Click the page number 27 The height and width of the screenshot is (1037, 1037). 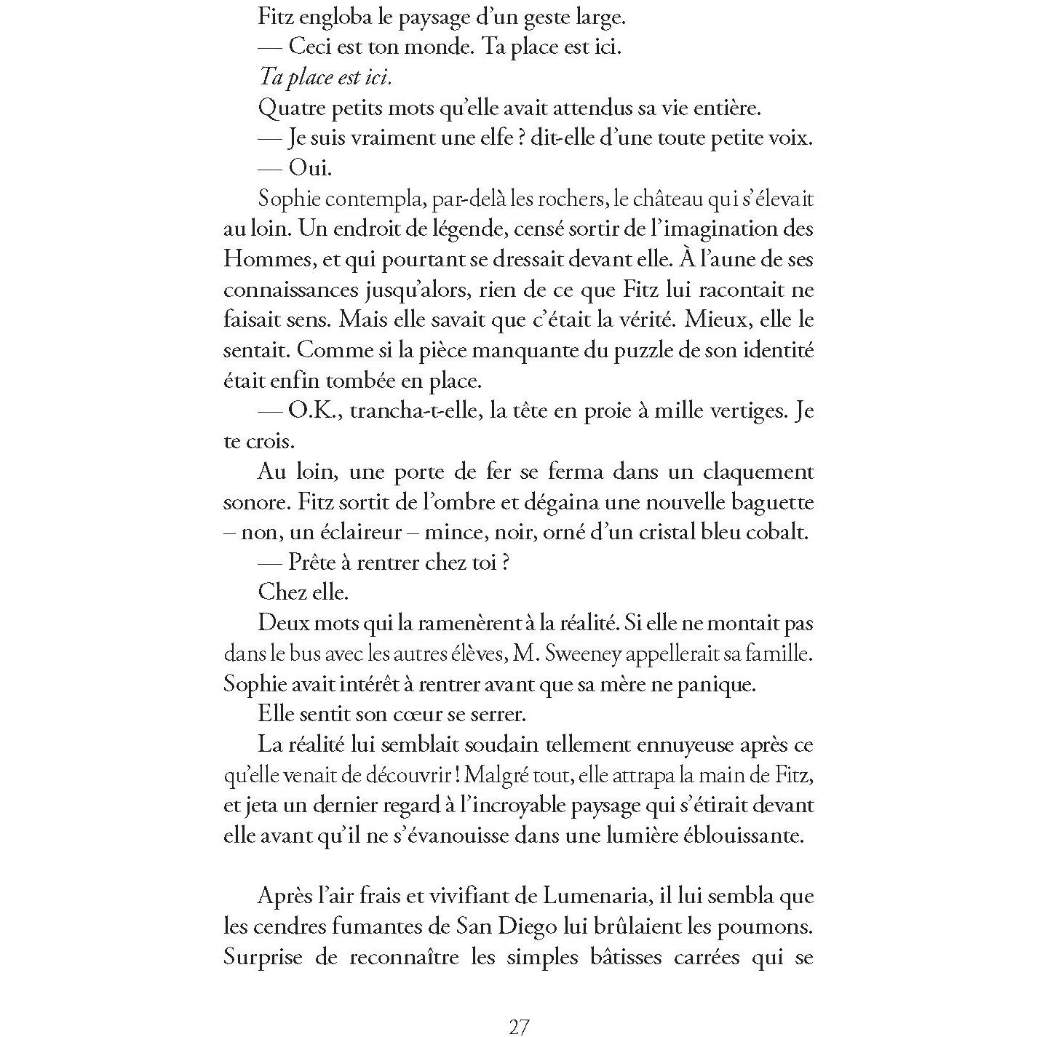[x=518, y=1027]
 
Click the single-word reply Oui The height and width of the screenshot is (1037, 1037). [x=310, y=168]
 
